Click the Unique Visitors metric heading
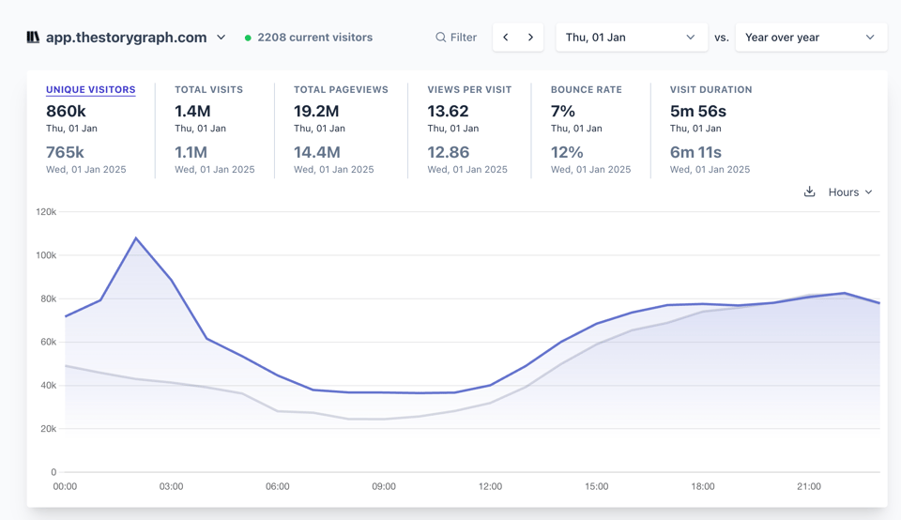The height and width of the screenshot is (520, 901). tap(90, 89)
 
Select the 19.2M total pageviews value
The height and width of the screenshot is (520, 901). tap(316, 111)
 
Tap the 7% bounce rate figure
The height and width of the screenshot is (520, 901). tap(563, 111)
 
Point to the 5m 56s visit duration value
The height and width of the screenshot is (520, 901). tap(697, 111)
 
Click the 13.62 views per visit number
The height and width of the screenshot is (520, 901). tap(448, 111)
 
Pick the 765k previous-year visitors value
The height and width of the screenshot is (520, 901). tap(65, 152)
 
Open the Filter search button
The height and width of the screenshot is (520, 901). tap(455, 38)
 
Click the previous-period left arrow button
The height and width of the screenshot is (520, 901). tap(506, 38)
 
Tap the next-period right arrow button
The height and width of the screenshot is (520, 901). tap(530, 38)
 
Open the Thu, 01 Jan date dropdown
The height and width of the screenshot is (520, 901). tap(631, 38)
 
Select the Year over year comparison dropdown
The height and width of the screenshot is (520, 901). tap(810, 38)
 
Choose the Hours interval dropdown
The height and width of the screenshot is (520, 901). tap(850, 192)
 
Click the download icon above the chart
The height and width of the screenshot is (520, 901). tap(809, 191)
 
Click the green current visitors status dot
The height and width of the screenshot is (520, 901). tap(248, 38)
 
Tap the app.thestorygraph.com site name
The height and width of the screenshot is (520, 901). tap(126, 38)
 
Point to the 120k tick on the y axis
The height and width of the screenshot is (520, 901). tap(46, 212)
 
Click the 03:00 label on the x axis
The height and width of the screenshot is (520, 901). tap(171, 486)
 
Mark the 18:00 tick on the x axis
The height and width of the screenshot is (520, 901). tap(702, 486)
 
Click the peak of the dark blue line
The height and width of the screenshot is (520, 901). tap(136, 238)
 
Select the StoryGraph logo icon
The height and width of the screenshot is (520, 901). tap(33, 38)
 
